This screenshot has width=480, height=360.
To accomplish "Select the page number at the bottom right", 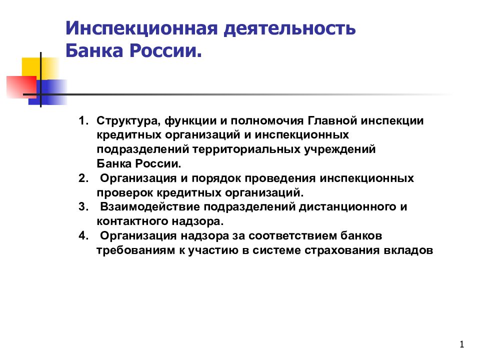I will click(461, 344).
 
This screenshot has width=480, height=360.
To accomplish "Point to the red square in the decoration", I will click(20, 87).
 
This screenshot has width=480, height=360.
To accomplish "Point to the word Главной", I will click(331, 121).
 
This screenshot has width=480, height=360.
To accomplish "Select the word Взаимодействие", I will click(145, 206).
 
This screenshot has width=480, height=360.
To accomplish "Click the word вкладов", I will click(411, 249).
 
